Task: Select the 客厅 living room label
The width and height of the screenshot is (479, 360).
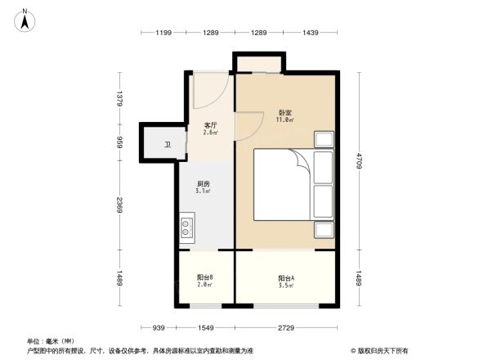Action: click(x=210, y=127)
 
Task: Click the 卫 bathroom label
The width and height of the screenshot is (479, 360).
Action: click(x=168, y=145)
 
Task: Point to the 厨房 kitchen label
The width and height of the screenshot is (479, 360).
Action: click(x=204, y=186)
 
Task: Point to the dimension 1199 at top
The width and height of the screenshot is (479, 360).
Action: click(x=163, y=33)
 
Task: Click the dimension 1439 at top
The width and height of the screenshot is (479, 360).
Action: click(x=310, y=33)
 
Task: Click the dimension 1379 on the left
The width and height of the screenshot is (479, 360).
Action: click(x=119, y=100)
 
